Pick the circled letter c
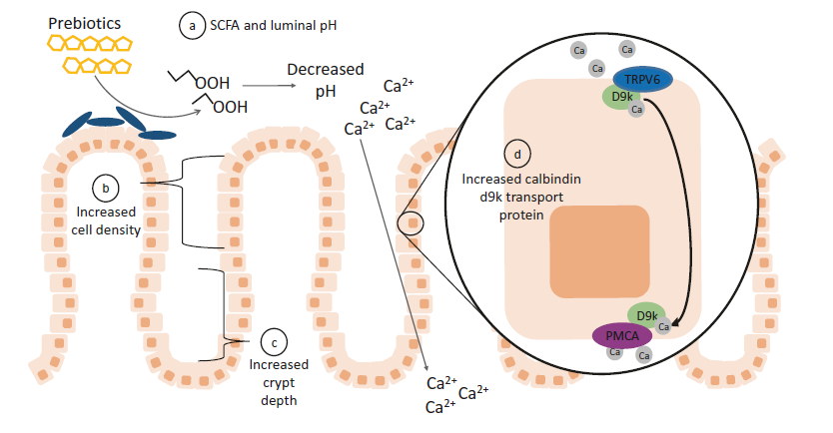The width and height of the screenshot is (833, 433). coord(273,341)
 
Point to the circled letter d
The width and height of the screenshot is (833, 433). coord(515,155)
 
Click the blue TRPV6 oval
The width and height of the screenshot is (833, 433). coord(644,80)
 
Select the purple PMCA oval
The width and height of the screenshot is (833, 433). coord(622,336)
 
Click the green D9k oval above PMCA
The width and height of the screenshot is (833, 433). coord(647,314)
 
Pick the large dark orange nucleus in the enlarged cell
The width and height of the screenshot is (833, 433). coord(599,251)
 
